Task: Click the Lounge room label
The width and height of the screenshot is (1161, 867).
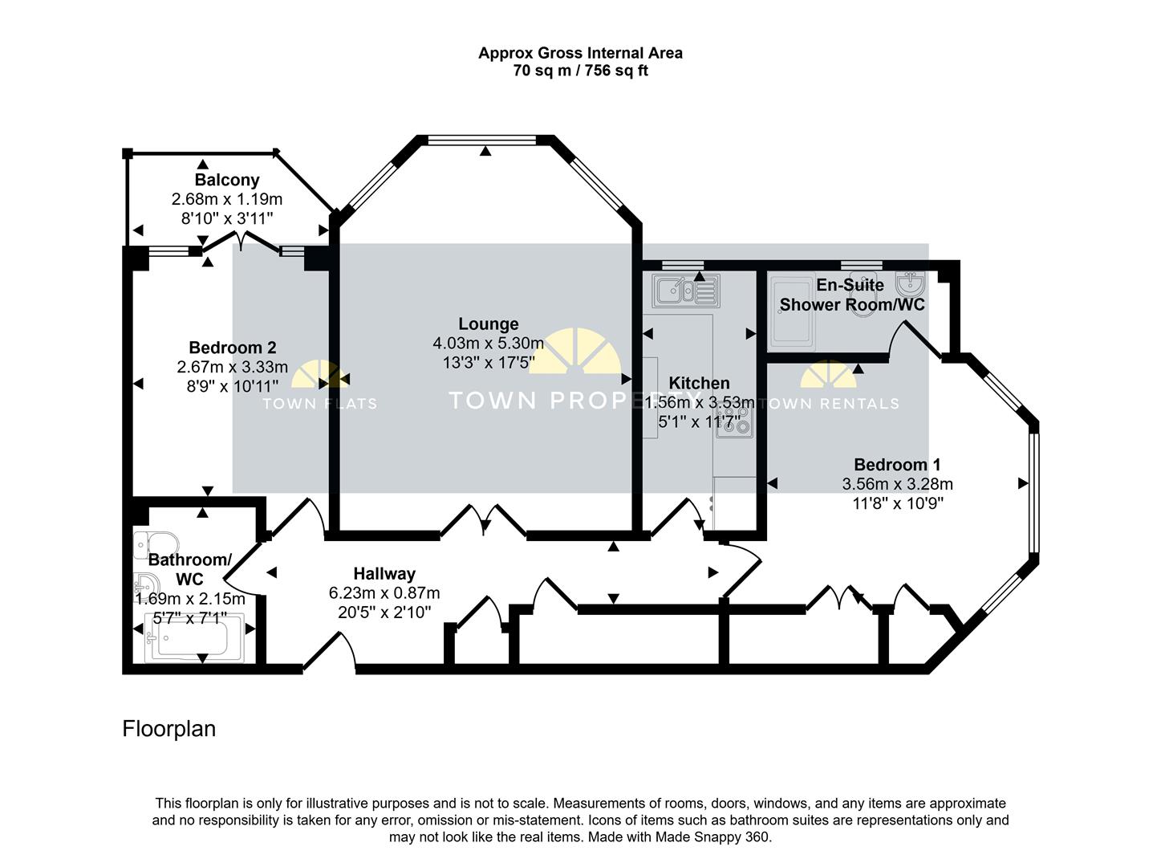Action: (488, 324)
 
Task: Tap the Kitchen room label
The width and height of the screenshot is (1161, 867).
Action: (699, 383)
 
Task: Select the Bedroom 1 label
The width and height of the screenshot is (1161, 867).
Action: (897, 465)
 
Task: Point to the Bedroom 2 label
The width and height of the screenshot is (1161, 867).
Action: (232, 348)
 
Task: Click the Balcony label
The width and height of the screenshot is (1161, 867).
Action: (227, 180)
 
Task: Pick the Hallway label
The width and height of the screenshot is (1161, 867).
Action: (384, 573)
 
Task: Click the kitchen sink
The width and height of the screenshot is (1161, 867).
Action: (685, 291)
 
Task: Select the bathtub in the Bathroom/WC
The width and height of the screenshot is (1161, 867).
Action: (194, 638)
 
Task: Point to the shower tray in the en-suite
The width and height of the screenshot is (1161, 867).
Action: (791, 312)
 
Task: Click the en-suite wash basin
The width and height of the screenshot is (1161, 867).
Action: (911, 283)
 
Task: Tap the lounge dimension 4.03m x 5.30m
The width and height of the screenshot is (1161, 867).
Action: (488, 344)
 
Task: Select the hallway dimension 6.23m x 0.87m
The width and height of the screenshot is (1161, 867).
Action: (384, 593)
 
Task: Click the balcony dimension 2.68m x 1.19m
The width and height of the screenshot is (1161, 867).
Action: (227, 199)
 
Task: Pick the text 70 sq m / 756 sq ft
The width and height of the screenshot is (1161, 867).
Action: (580, 71)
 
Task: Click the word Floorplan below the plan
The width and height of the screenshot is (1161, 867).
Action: (168, 728)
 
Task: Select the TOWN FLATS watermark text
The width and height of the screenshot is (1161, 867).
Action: (320, 404)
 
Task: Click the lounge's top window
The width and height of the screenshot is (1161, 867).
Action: (482, 140)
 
